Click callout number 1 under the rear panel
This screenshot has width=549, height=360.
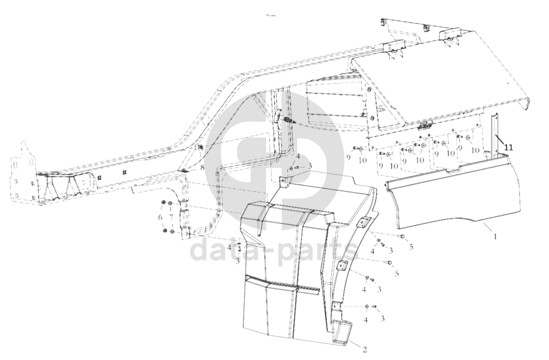pyautogui.click(x=495, y=237)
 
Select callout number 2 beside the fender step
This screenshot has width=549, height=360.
pyautogui.click(x=365, y=350)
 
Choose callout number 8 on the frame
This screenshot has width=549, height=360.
pyautogui.click(x=202, y=168)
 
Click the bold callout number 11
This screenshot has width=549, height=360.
pyautogui.click(x=508, y=148)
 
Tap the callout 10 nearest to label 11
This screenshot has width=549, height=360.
pyautogui.click(x=475, y=150)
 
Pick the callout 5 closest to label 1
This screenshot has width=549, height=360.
pyautogui.click(x=411, y=247)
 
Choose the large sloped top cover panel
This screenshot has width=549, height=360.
pyautogui.click(x=440, y=84)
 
